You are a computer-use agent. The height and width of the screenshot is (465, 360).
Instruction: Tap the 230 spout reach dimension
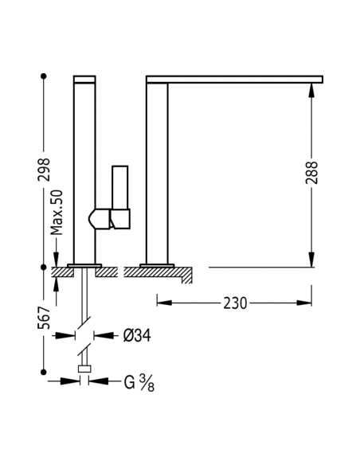point(235,303)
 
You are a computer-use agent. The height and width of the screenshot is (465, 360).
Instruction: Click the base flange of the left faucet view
point(84,265)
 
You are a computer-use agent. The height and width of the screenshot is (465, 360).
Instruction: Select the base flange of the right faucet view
point(157,265)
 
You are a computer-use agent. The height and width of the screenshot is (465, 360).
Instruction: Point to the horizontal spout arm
point(235,79)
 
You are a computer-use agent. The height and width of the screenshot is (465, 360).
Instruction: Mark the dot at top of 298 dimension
point(44,76)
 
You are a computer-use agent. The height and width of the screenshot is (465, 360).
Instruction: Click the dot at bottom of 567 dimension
point(44,370)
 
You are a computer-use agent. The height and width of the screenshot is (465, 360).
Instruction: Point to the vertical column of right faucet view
point(157,171)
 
